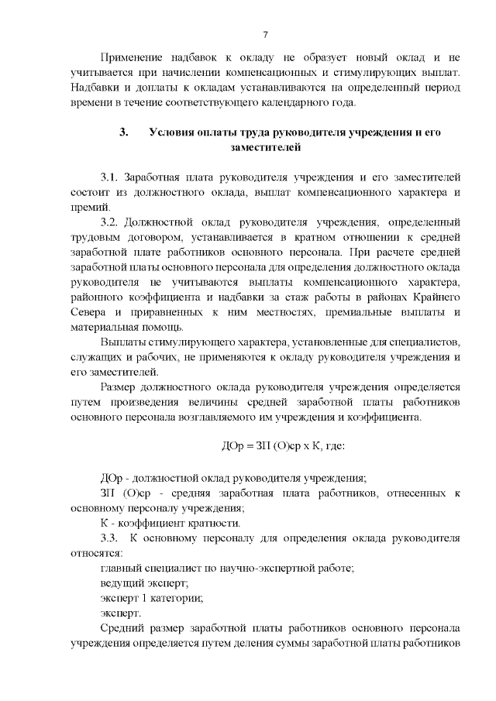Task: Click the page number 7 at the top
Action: click(x=265, y=35)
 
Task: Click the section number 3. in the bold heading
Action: click(x=122, y=132)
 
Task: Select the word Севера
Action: click(x=90, y=312)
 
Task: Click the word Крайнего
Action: click(x=436, y=297)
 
